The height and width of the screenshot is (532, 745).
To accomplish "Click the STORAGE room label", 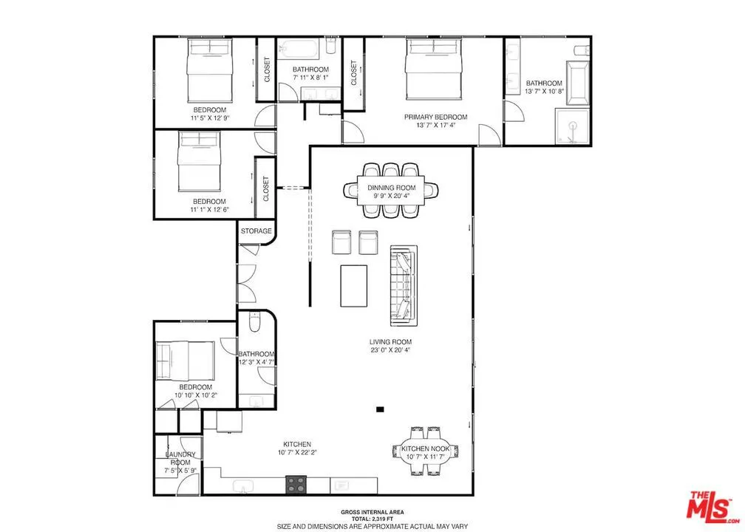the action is pyautogui.click(x=256, y=231).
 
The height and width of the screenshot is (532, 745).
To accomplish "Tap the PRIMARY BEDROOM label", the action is pyautogui.click(x=436, y=117).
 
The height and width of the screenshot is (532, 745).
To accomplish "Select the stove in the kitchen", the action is pyautogui.click(x=296, y=485).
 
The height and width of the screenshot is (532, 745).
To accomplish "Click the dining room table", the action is pyautogui.click(x=392, y=191).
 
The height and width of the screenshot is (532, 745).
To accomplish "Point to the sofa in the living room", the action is pyautogui.click(x=404, y=285).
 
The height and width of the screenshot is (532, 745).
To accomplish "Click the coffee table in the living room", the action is pyautogui.click(x=353, y=286).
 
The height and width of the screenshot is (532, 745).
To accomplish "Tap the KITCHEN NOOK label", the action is pyautogui.click(x=425, y=449).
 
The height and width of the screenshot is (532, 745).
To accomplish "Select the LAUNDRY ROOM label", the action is pyautogui.click(x=180, y=458).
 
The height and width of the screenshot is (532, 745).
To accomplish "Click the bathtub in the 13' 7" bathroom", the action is pyautogui.click(x=577, y=83).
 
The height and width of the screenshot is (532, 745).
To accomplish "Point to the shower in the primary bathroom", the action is pyautogui.click(x=573, y=127).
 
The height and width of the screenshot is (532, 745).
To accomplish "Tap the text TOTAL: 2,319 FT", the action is pyautogui.click(x=372, y=519).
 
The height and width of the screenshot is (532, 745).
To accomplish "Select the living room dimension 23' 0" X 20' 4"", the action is pyautogui.click(x=390, y=350).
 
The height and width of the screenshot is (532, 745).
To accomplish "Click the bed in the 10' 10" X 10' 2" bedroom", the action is pyautogui.click(x=186, y=361).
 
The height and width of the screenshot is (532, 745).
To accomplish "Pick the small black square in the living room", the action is pyautogui.click(x=380, y=409).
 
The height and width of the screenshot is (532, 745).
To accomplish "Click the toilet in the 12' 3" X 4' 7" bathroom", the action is pyautogui.click(x=255, y=322).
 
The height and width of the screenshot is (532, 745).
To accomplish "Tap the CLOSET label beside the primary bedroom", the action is pyautogui.click(x=353, y=72).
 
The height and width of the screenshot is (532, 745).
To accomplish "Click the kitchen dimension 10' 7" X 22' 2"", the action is pyautogui.click(x=297, y=452).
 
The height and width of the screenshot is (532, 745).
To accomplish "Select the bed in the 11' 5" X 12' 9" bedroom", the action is pyautogui.click(x=210, y=70).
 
